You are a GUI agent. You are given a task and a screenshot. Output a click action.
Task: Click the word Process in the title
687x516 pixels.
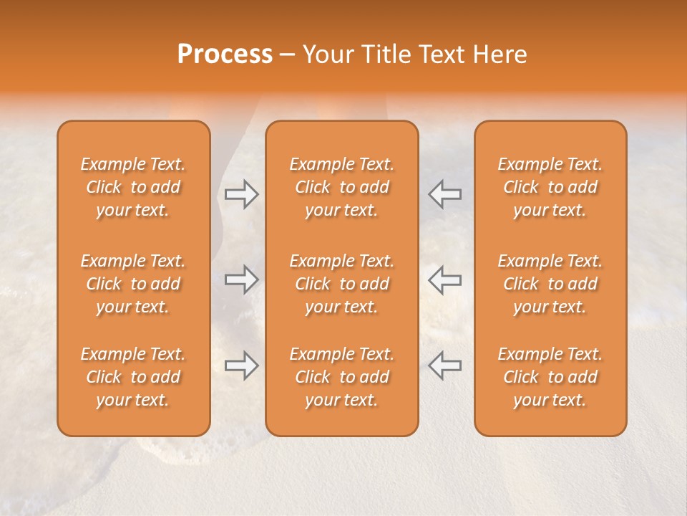225,54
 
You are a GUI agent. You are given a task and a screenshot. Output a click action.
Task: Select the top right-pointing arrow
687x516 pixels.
242,194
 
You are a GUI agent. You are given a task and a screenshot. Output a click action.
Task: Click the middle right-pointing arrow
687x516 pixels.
242,279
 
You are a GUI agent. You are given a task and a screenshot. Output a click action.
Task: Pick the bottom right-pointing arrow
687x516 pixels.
242,365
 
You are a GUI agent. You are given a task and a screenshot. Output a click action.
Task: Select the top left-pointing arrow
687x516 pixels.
445,194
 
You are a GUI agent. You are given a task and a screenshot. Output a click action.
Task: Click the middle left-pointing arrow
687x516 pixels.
445,279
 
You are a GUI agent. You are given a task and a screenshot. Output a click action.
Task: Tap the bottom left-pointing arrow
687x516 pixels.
445,365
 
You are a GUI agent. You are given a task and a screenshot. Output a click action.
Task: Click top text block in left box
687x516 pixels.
133,187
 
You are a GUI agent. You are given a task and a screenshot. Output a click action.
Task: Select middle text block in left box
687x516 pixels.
133,284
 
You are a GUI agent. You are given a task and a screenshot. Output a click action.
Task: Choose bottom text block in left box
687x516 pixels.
133,377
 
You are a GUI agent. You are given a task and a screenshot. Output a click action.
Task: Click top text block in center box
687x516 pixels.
342,187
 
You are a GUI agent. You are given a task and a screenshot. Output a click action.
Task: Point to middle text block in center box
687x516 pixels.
342,284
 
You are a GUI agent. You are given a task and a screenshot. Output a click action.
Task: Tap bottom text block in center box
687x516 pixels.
342,377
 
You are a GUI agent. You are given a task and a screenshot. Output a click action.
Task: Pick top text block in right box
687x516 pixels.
550,187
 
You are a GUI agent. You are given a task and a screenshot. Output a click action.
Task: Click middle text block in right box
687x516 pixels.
550,284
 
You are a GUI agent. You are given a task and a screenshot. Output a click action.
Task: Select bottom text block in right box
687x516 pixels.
550,377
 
